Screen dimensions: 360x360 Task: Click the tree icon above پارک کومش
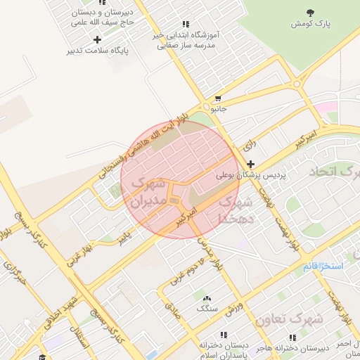310,12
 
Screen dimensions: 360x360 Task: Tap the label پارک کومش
310,24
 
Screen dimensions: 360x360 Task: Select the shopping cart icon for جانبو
219,98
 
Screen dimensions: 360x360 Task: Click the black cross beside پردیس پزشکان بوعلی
251,163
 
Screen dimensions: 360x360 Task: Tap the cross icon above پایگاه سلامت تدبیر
98,39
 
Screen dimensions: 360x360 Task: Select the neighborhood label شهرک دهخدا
235,209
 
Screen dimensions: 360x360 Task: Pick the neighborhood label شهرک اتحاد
333,172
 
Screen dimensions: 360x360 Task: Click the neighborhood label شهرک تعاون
289,319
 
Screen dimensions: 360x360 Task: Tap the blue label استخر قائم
322,266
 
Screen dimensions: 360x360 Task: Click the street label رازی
250,146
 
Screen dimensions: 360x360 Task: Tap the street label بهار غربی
79,257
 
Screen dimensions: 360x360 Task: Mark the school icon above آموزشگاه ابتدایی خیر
185,24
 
